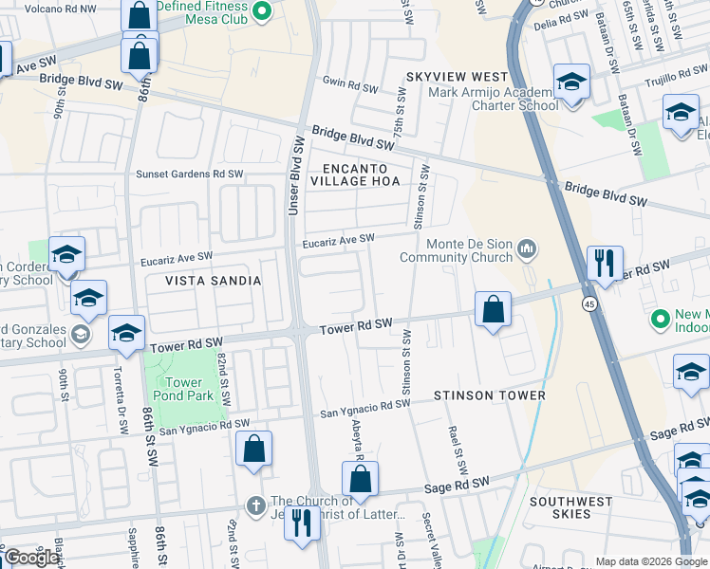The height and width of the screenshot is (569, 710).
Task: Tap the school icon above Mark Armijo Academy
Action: point(571,83)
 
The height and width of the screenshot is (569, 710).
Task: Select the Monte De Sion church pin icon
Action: point(528,250)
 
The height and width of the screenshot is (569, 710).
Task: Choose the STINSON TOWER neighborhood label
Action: point(489,395)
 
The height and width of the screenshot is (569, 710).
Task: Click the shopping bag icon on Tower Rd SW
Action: point(493,310)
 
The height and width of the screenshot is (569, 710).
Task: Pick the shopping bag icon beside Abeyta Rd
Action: point(360,480)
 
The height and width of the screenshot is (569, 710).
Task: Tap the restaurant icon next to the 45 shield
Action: point(605,263)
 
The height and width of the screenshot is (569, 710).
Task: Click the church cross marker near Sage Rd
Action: point(254,505)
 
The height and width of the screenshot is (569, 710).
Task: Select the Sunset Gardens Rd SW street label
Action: point(190,174)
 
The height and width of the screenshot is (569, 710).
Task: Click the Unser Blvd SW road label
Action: point(296,175)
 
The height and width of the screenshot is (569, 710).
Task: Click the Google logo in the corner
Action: point(31,558)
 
